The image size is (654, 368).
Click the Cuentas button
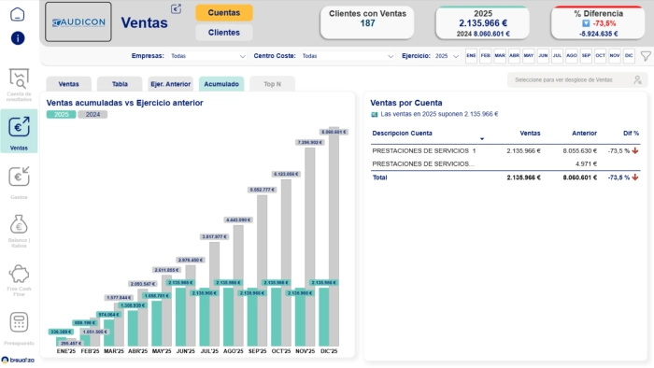(x=223, y=12)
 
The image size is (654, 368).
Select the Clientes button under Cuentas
(x=223, y=32)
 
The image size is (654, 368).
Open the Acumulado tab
(x=221, y=84)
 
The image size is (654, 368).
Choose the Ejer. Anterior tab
(x=170, y=84)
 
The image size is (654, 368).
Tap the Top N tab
(x=272, y=84)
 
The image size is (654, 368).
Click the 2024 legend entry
(x=92, y=114)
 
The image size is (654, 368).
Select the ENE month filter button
(x=472, y=56)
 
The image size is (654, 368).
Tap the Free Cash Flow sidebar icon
(x=19, y=276)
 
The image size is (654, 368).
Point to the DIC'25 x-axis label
(x=328, y=350)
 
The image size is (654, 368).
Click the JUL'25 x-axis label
(x=208, y=350)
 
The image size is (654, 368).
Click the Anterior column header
(x=583, y=134)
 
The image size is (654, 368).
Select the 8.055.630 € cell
(x=577, y=149)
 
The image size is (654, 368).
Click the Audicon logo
(x=78, y=21)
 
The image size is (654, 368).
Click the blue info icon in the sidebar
(x=19, y=38)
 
